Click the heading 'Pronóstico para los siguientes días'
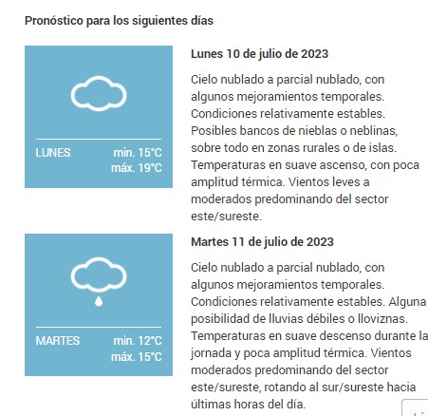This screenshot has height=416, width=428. point(119,21)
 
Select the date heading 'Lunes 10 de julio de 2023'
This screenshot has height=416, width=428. point(259,54)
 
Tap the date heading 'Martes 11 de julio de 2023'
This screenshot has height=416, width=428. point(262,242)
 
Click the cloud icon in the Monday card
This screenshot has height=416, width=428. point(99,93)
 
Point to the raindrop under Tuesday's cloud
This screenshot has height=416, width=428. point(99,301)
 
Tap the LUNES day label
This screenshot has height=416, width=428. point(53,153)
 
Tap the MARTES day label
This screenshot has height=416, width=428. point(58,341)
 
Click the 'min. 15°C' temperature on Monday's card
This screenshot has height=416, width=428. point(138,153)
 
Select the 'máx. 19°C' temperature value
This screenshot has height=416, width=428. point(137,168)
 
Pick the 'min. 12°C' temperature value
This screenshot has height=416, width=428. point(138,341)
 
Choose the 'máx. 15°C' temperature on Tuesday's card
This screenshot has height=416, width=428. point(137,356)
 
